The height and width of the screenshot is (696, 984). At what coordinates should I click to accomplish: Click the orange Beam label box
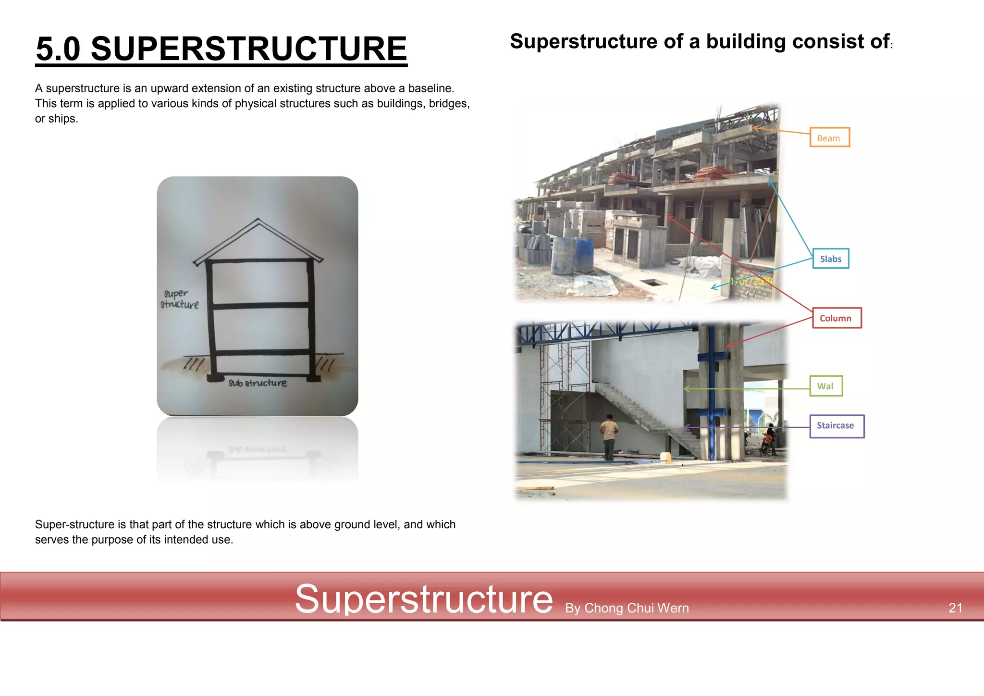[x=829, y=137]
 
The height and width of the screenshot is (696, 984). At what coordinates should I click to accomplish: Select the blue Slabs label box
[x=830, y=259]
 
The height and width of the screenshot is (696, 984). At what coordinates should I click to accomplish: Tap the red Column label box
[x=836, y=318]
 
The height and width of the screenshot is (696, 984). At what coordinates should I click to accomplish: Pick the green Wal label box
[x=825, y=386]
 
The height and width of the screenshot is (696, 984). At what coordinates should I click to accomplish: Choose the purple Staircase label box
[x=836, y=426]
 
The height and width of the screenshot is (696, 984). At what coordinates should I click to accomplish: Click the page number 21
[x=955, y=608]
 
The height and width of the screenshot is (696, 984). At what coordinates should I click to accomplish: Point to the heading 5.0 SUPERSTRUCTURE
[x=221, y=49]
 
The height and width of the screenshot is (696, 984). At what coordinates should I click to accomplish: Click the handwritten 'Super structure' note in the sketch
[x=179, y=299]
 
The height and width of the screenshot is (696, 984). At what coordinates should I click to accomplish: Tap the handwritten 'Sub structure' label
[x=258, y=383]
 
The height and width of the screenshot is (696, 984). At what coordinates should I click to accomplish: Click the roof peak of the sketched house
[x=258, y=221]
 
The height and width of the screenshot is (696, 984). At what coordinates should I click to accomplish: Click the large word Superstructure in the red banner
[x=424, y=599]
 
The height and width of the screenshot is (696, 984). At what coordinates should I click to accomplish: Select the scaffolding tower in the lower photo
[x=566, y=394]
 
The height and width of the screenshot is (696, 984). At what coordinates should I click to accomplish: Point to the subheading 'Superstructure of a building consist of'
[x=700, y=42]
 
